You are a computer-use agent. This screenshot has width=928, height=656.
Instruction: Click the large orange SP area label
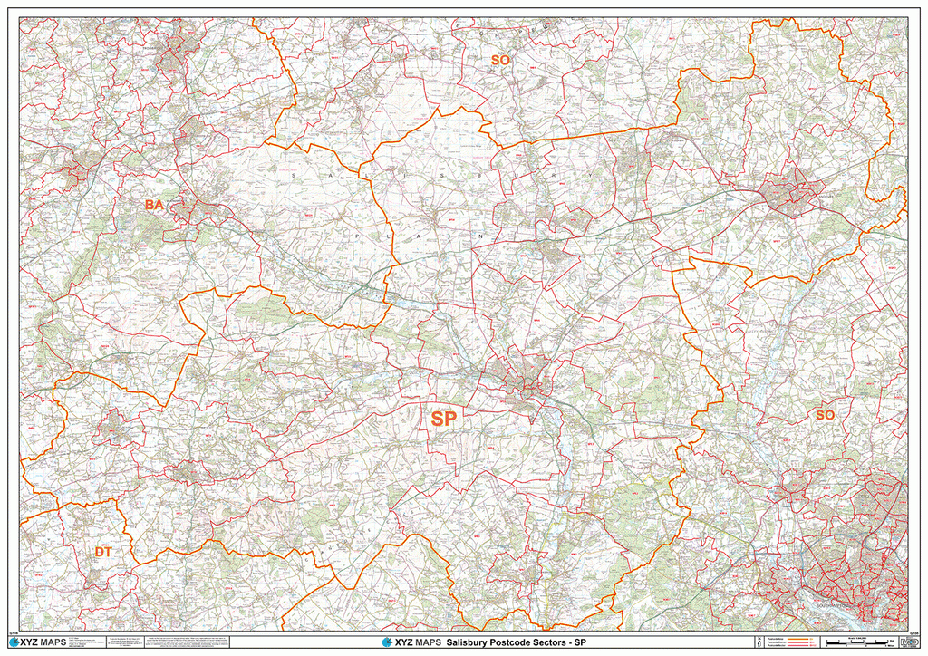tap(443, 419)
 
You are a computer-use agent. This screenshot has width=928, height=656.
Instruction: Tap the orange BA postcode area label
tap(154, 206)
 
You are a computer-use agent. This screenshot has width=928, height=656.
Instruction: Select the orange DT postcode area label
tap(104, 552)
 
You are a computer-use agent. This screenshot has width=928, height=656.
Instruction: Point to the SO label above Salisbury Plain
tap(500, 60)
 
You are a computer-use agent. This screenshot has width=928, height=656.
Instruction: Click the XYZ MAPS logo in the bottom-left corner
tap(37, 642)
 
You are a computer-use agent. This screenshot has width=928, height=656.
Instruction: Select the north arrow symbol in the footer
tap(744, 642)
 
